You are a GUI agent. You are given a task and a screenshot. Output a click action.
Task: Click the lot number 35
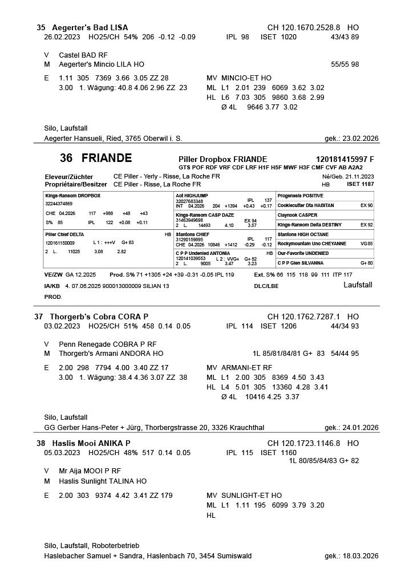click(x=41, y=27)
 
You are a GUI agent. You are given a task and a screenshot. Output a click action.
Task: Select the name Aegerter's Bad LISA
click(x=90, y=27)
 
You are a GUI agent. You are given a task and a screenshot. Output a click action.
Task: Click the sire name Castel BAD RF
click(x=83, y=55)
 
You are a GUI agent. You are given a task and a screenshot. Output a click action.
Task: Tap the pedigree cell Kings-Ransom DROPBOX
click(x=72, y=196)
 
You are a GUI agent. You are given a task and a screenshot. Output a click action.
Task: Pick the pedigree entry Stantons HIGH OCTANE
click(x=303, y=234)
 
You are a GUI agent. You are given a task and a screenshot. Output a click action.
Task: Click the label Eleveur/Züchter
click(x=68, y=177)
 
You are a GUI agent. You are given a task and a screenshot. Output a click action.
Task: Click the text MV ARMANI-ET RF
click(x=239, y=367)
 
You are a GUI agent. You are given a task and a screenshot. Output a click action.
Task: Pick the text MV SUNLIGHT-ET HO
click(x=244, y=496)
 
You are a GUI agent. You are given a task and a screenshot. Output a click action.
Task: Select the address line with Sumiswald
click(x=147, y=556)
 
